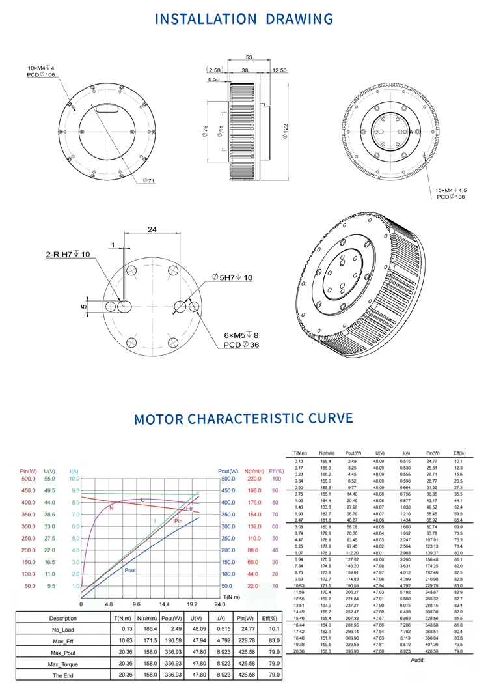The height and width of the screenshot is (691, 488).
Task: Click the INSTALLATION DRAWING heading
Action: (x=244, y=19)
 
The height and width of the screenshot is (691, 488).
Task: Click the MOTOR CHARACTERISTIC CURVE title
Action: (x=243, y=418)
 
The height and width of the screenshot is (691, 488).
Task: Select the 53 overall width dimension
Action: (x=249, y=57)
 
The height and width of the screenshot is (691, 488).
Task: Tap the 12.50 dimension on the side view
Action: (x=279, y=70)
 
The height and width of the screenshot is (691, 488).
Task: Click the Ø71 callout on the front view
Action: (x=149, y=180)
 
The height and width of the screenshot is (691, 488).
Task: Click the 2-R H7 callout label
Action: (x=68, y=254)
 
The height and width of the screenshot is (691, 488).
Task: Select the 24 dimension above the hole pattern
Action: (x=152, y=229)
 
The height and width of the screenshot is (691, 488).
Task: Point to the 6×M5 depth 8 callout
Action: (x=241, y=335)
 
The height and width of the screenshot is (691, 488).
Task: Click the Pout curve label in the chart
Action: (x=131, y=570)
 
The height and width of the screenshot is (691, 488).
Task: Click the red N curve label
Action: (x=111, y=507)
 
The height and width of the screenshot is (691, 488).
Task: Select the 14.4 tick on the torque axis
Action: (x=164, y=604)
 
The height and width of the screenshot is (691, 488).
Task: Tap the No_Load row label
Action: (x=62, y=630)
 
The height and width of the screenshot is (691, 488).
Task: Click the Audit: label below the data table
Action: (x=418, y=660)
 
